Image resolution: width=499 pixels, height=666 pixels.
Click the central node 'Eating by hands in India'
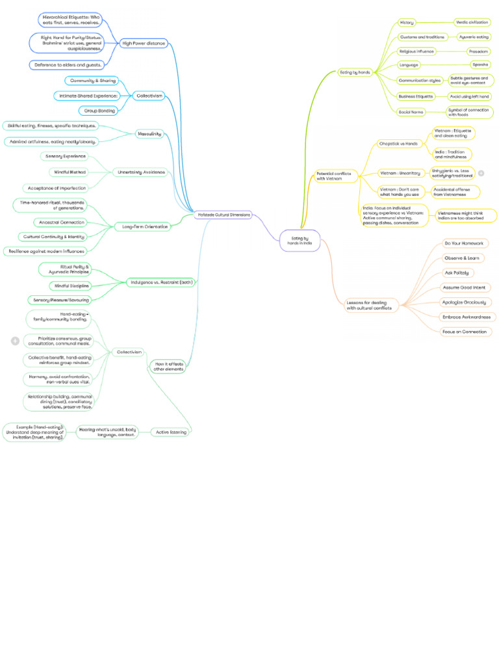coord(300,241)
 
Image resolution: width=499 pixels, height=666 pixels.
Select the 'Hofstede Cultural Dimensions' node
coord(224,214)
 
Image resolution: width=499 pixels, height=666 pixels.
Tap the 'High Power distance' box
coord(144,44)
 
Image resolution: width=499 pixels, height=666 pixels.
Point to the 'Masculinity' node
coord(149,134)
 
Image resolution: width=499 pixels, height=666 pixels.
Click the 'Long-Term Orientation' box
coord(142,227)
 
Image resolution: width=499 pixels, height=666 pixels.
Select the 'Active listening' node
coord(170,431)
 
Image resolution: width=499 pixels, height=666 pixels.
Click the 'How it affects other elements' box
coord(168,366)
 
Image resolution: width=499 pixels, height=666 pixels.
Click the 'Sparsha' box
coord(480,65)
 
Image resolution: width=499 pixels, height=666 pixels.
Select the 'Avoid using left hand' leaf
coord(470,96)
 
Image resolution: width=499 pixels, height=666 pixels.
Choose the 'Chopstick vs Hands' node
coord(398,143)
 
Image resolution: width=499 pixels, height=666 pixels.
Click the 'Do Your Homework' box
coord(464,243)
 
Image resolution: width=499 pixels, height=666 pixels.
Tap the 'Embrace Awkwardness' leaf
coord(466,317)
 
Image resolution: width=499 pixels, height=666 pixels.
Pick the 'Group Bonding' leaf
coord(97,111)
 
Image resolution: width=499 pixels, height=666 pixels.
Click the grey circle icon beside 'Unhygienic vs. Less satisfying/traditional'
coord(481,173)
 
